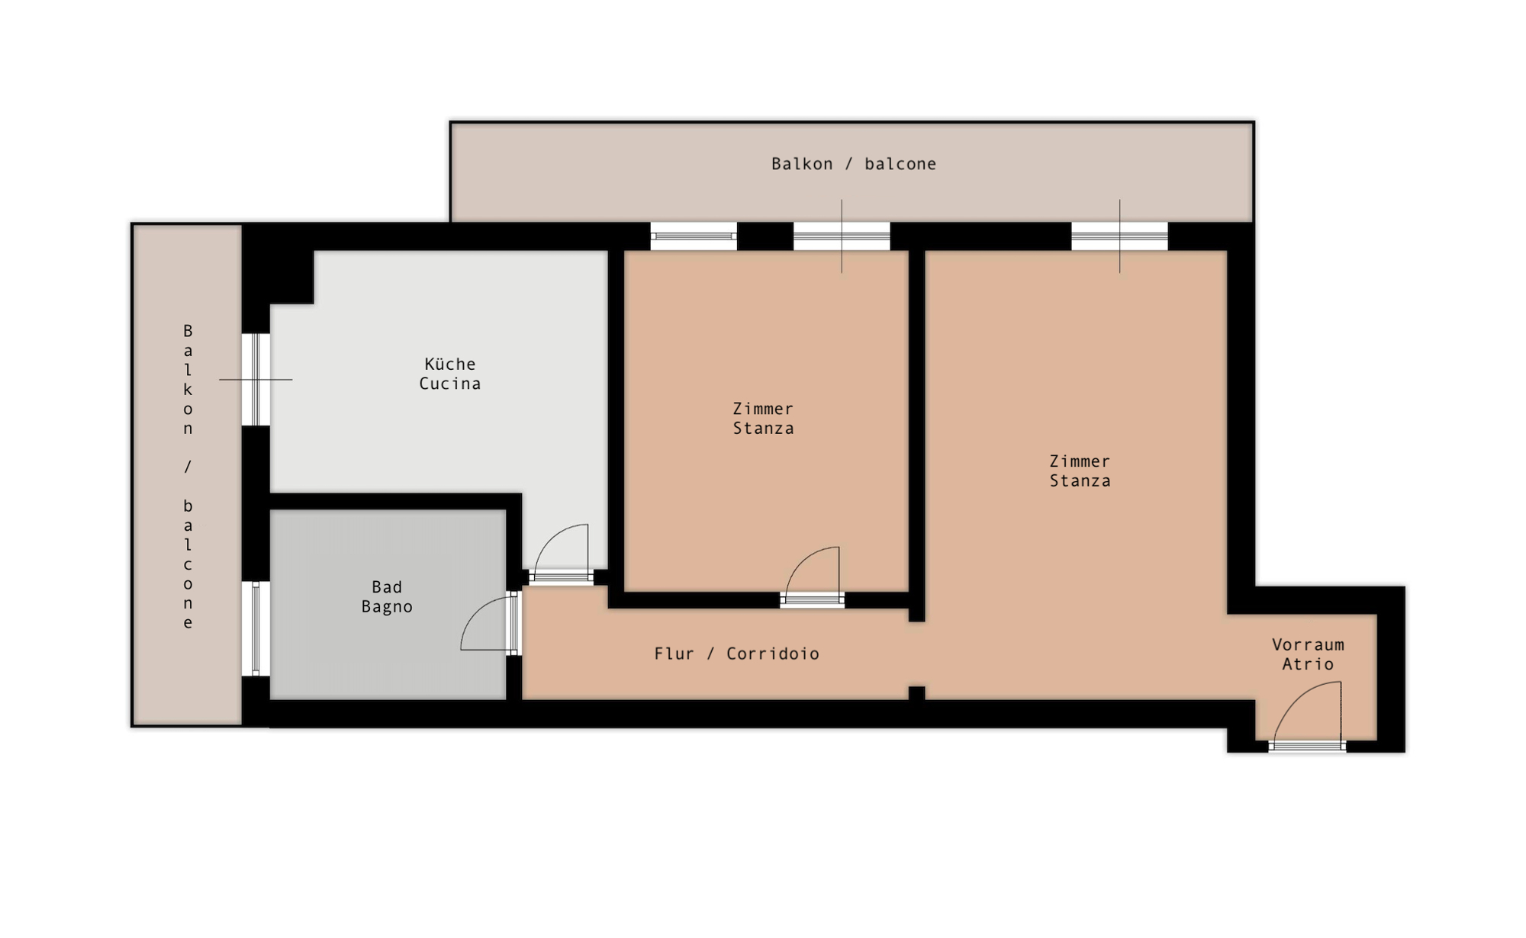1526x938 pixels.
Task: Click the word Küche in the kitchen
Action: tap(450, 364)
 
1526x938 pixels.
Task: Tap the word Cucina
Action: tap(450, 384)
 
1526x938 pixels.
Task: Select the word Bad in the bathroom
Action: tap(387, 587)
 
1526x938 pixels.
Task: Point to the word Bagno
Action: tap(387, 607)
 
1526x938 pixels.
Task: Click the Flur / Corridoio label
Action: tap(737, 654)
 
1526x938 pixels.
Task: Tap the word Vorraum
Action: tap(1308, 644)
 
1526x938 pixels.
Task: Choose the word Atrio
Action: tap(1308, 664)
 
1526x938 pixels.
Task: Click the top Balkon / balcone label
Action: tap(854, 164)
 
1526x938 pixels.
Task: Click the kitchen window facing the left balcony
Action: tap(256, 379)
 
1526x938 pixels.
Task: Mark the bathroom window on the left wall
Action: tap(256, 628)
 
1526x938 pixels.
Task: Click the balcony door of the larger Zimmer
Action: tap(1119, 236)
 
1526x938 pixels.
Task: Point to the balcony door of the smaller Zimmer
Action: tap(842, 236)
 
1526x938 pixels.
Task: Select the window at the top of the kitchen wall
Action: tap(694, 236)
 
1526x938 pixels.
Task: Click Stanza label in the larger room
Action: tap(1080, 481)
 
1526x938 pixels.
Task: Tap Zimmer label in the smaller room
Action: tap(763, 409)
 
